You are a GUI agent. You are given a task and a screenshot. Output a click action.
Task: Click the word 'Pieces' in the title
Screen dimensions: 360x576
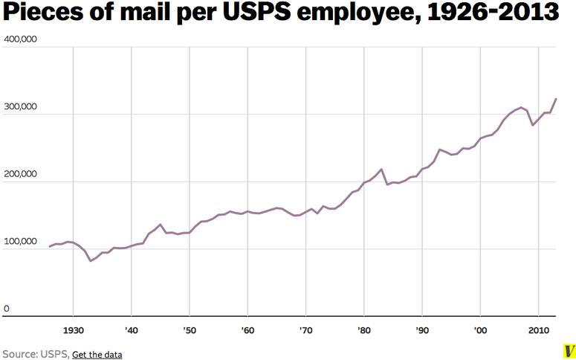point(39,14)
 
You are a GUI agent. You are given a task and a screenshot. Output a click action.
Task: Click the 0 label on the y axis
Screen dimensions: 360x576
point(7,309)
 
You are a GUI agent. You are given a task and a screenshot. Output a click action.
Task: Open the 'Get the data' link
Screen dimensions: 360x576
point(97,354)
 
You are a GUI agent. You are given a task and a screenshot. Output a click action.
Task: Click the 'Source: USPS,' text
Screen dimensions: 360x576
point(35,354)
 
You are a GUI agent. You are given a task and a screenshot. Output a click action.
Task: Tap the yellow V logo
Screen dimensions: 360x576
point(568,350)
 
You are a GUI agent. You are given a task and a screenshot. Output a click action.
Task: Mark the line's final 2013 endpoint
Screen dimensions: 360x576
point(556,99)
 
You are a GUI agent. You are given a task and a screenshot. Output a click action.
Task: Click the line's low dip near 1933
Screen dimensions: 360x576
point(91,260)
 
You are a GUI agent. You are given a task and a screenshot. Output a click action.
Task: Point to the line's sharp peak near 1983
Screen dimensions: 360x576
point(381,170)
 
